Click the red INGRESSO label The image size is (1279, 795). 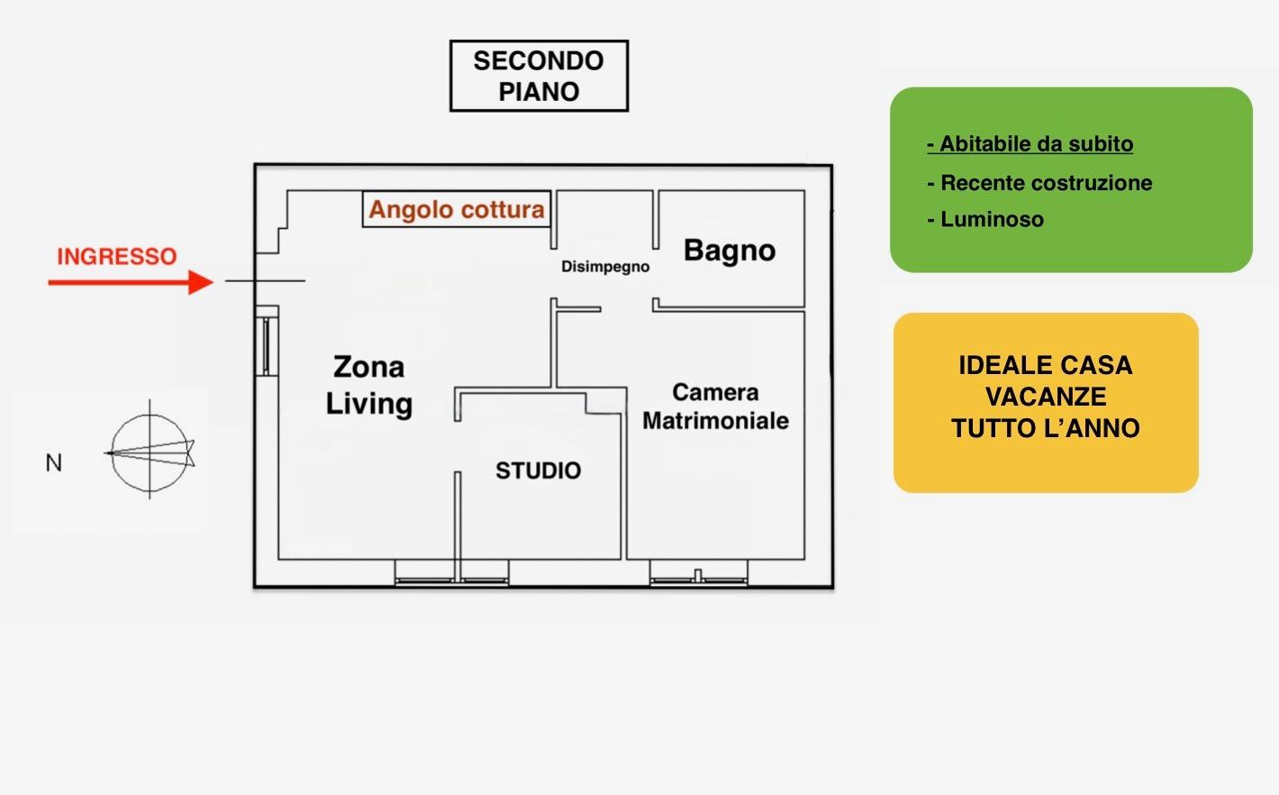coord(116,257)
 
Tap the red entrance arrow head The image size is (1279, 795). coord(201,282)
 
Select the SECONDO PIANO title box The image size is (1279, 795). coord(539,76)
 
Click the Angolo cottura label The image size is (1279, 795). coord(457,210)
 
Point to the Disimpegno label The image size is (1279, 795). coord(605,267)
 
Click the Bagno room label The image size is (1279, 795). coord(730,251)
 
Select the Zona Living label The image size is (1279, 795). coord(369,386)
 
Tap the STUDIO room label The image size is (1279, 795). coord(539,471)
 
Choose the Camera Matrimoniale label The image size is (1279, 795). coord(715,407)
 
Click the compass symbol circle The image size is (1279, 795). coord(150,451)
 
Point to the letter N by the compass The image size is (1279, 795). coord(54,463)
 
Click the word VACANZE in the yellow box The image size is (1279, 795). coord(1046,397)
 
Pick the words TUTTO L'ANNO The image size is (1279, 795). coord(1046,428)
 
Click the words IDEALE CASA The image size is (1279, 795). coord(1046,365)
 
